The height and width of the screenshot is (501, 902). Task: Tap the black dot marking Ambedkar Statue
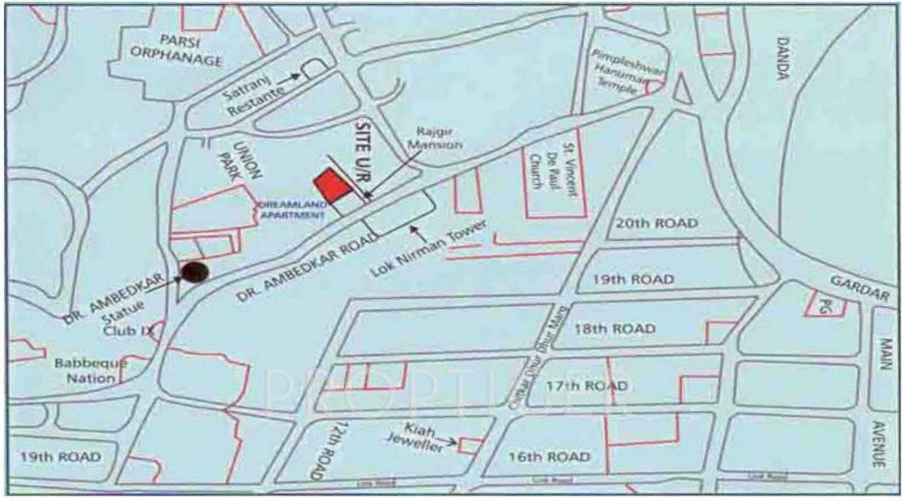coord(195,272)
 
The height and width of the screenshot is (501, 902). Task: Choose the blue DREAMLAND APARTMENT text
coord(290,209)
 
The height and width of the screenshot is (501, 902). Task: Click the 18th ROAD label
coord(614,329)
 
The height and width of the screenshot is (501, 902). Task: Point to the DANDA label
coord(781,60)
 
